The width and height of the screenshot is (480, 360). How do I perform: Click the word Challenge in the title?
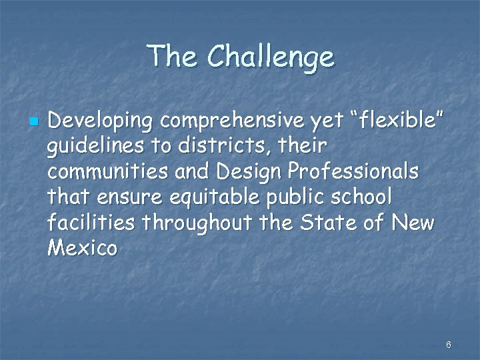point(271,57)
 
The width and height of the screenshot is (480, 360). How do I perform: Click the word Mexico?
point(83,247)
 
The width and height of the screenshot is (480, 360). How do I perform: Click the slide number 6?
point(448,345)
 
